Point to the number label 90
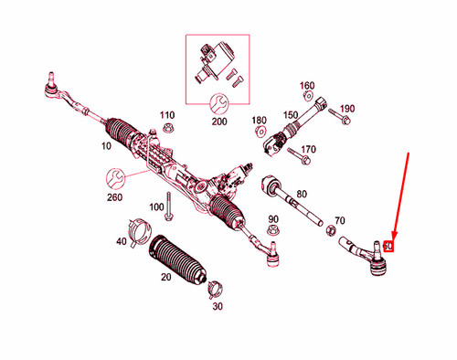point(272,219)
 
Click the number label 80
point(302,194)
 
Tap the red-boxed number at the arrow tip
point(388,246)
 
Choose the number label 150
point(291,114)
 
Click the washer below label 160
point(307,97)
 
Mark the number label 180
point(259,120)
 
